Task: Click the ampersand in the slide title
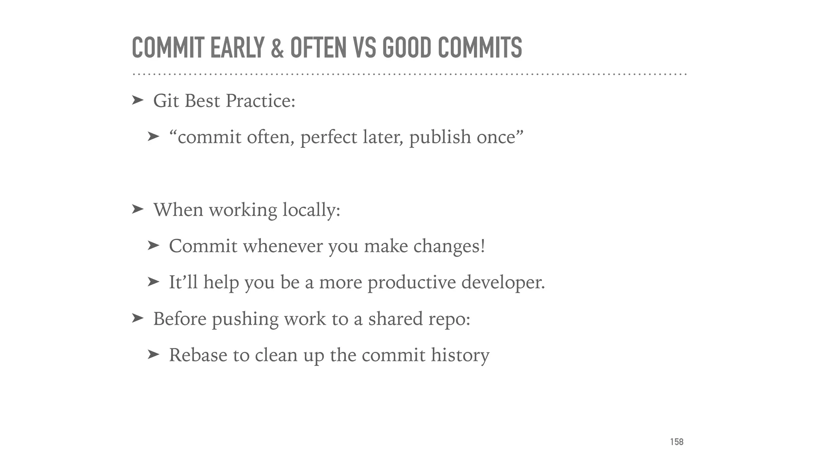coord(277,48)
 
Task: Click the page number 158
coord(677,442)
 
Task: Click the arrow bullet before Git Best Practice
coord(137,100)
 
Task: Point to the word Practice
coord(260,101)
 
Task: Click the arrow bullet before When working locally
coord(137,209)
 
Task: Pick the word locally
coord(311,210)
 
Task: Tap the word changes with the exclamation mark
coord(449,246)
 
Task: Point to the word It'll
coord(183,282)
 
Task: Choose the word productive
coord(411,283)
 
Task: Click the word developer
coord(503,283)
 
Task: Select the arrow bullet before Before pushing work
coord(137,318)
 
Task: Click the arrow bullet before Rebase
coord(153,355)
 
